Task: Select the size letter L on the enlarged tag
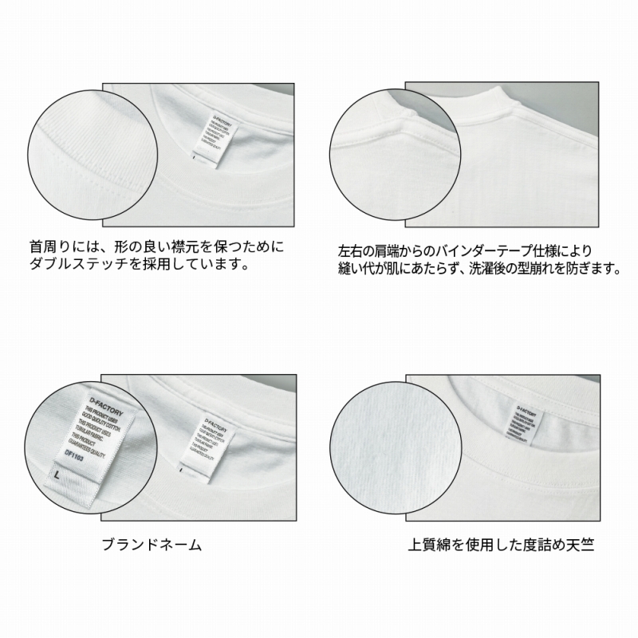(58, 475)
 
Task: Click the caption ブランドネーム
(152, 545)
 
